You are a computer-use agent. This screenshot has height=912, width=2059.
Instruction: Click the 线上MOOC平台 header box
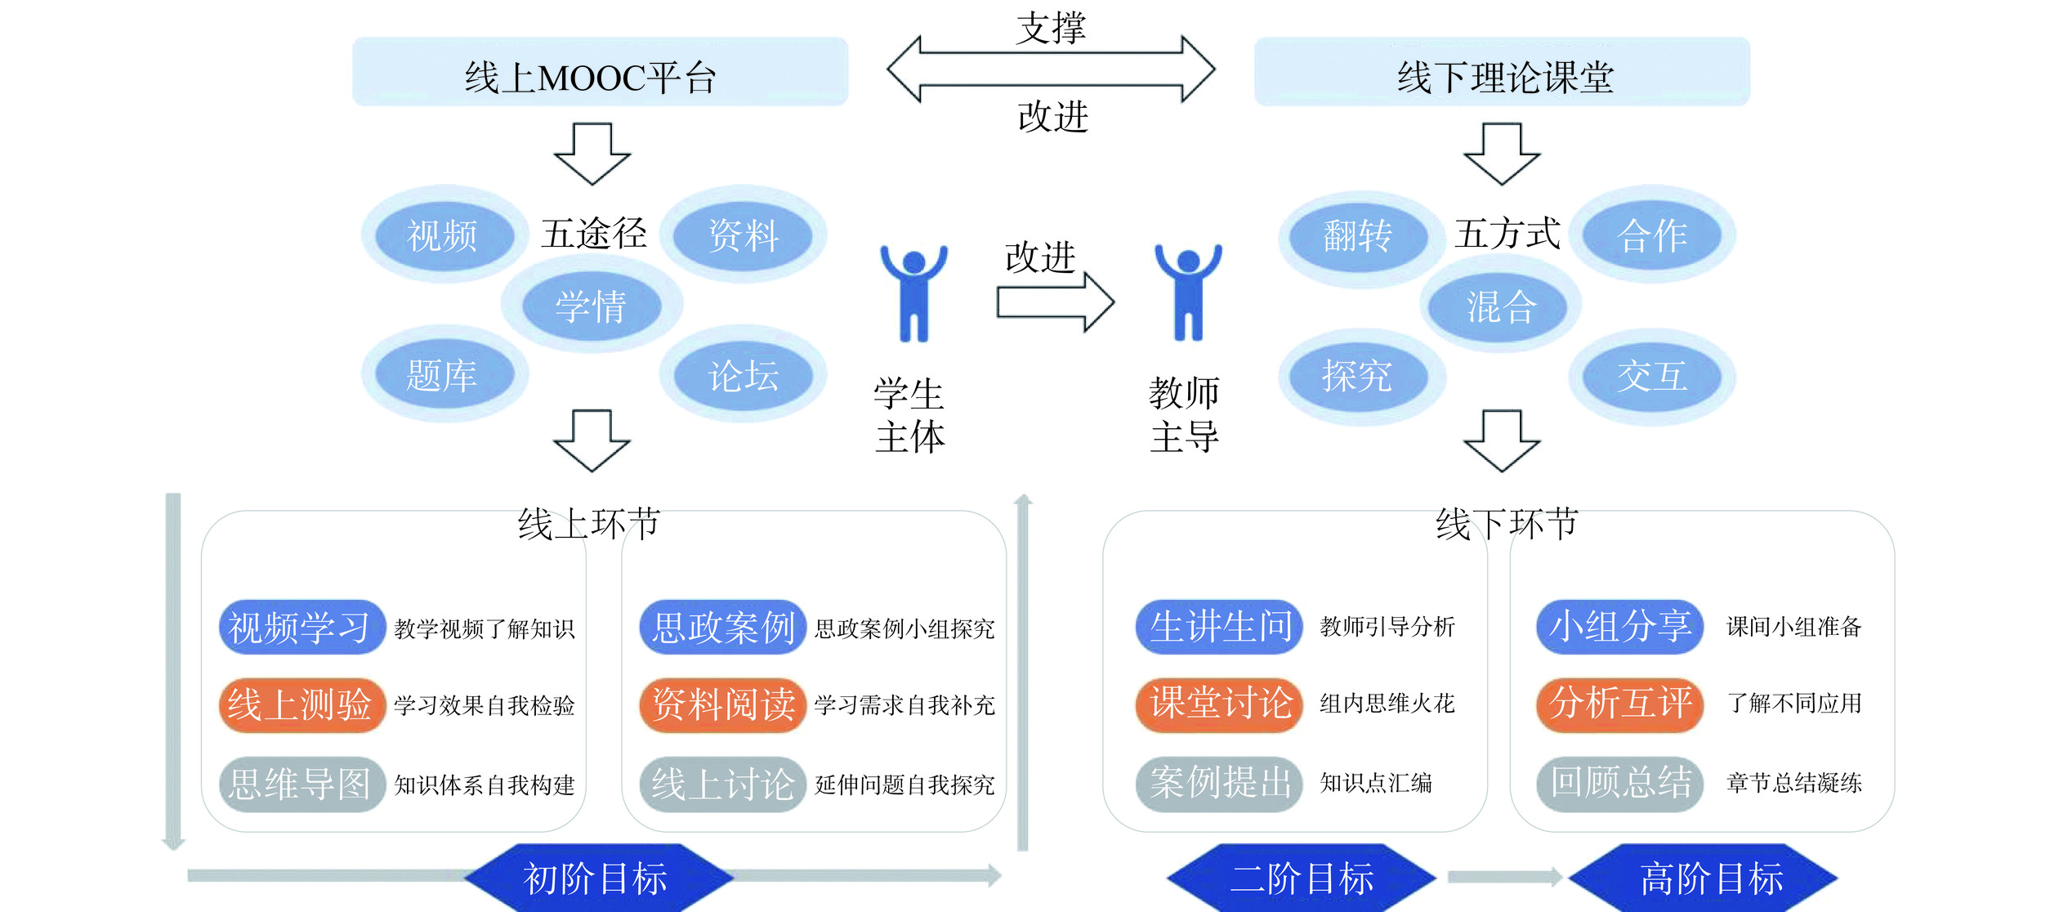click(x=600, y=72)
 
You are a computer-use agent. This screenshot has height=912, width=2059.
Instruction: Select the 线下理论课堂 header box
click(x=1502, y=72)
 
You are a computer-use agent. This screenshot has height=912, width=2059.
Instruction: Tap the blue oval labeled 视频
click(x=444, y=235)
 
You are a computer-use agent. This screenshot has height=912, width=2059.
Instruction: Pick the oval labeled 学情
click(x=591, y=306)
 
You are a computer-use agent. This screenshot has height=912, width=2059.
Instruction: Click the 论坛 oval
click(x=743, y=376)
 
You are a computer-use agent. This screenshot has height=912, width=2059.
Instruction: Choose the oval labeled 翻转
click(x=1358, y=235)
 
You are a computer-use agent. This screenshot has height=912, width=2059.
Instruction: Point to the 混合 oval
click(x=1501, y=306)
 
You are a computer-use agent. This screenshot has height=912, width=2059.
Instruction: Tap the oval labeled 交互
click(x=1651, y=376)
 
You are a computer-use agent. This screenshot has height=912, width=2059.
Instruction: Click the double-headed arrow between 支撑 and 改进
click(x=1051, y=69)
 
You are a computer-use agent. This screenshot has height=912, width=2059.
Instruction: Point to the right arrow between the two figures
click(x=1055, y=302)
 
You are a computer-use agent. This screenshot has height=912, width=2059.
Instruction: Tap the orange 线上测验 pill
click(x=301, y=704)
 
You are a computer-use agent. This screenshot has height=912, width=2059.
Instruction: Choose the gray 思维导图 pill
click(x=301, y=784)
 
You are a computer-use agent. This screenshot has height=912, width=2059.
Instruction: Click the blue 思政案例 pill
click(x=723, y=628)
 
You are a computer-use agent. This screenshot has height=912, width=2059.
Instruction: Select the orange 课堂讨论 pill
click(x=1219, y=704)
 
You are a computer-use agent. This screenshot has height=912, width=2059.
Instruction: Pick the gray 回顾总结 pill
click(x=1619, y=783)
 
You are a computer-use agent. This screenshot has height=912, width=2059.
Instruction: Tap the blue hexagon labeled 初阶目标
click(x=596, y=878)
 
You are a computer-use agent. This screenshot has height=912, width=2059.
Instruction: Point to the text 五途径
click(x=594, y=234)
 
